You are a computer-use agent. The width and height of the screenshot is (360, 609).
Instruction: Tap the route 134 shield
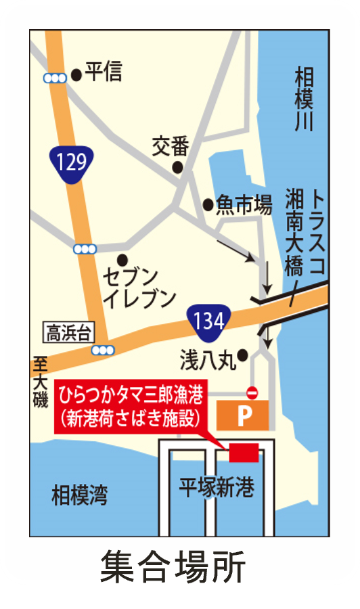[x=208, y=321]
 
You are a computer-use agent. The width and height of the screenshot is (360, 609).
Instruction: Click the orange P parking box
[x=243, y=415]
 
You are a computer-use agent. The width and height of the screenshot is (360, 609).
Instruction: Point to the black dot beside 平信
[x=76, y=74]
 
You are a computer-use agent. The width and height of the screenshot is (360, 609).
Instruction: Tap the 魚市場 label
[x=243, y=204]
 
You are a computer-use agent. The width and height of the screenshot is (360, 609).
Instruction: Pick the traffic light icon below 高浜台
[x=103, y=350]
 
